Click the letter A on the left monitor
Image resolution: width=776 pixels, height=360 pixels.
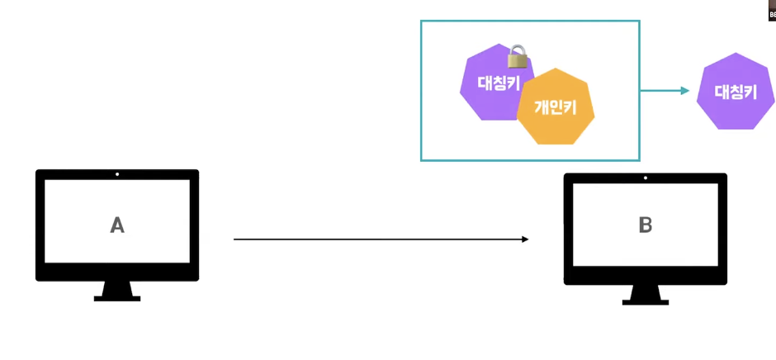tap(117, 225)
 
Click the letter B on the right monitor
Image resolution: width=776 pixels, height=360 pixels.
tap(645, 225)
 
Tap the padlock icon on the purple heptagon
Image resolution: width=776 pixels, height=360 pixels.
tap(518, 57)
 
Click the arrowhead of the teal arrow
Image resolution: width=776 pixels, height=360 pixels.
tap(685, 90)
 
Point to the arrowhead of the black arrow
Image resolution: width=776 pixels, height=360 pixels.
tap(524, 239)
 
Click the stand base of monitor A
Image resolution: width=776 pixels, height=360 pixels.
tap(117, 298)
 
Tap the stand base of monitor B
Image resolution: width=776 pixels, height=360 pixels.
tap(645, 302)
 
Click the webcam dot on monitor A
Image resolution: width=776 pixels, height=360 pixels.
tap(117, 174)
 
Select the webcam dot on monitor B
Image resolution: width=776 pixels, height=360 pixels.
tap(645, 178)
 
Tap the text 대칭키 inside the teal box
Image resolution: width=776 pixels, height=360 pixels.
tap(498, 83)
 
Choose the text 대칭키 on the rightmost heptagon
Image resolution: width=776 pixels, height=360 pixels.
tap(735, 92)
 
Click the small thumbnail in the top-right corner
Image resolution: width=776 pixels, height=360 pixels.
tap(771, 10)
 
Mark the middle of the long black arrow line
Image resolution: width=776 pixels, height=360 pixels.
tap(380, 239)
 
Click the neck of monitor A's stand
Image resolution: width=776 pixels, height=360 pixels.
tap(117, 288)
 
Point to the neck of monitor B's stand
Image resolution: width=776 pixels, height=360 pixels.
tap(645, 292)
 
